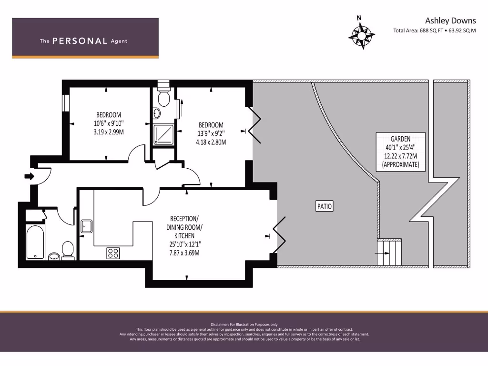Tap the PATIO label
click(324, 206)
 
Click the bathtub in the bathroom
click(35, 243)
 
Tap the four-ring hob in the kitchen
click(113, 253)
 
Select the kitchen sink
click(87, 225)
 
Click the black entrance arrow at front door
click(29, 176)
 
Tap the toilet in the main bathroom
click(68, 250)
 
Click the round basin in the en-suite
click(157, 113)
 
